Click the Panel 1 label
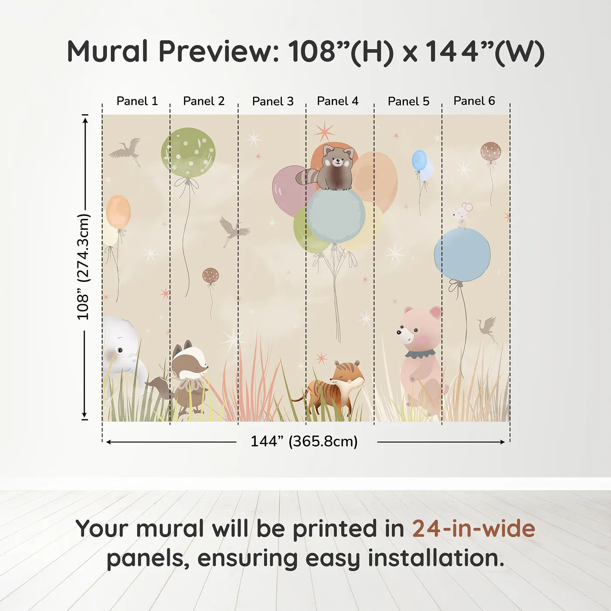pos(137,101)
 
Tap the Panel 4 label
pos(337,101)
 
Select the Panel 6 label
pos(474,101)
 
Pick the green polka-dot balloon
pos(188,153)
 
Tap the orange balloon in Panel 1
pos(118,212)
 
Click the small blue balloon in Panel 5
pos(419,160)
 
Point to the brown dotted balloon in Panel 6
pos(491,151)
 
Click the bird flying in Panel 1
pos(127,150)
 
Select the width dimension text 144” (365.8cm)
pos(304,441)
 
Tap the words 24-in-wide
pos(474,529)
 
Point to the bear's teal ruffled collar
pos(420,354)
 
